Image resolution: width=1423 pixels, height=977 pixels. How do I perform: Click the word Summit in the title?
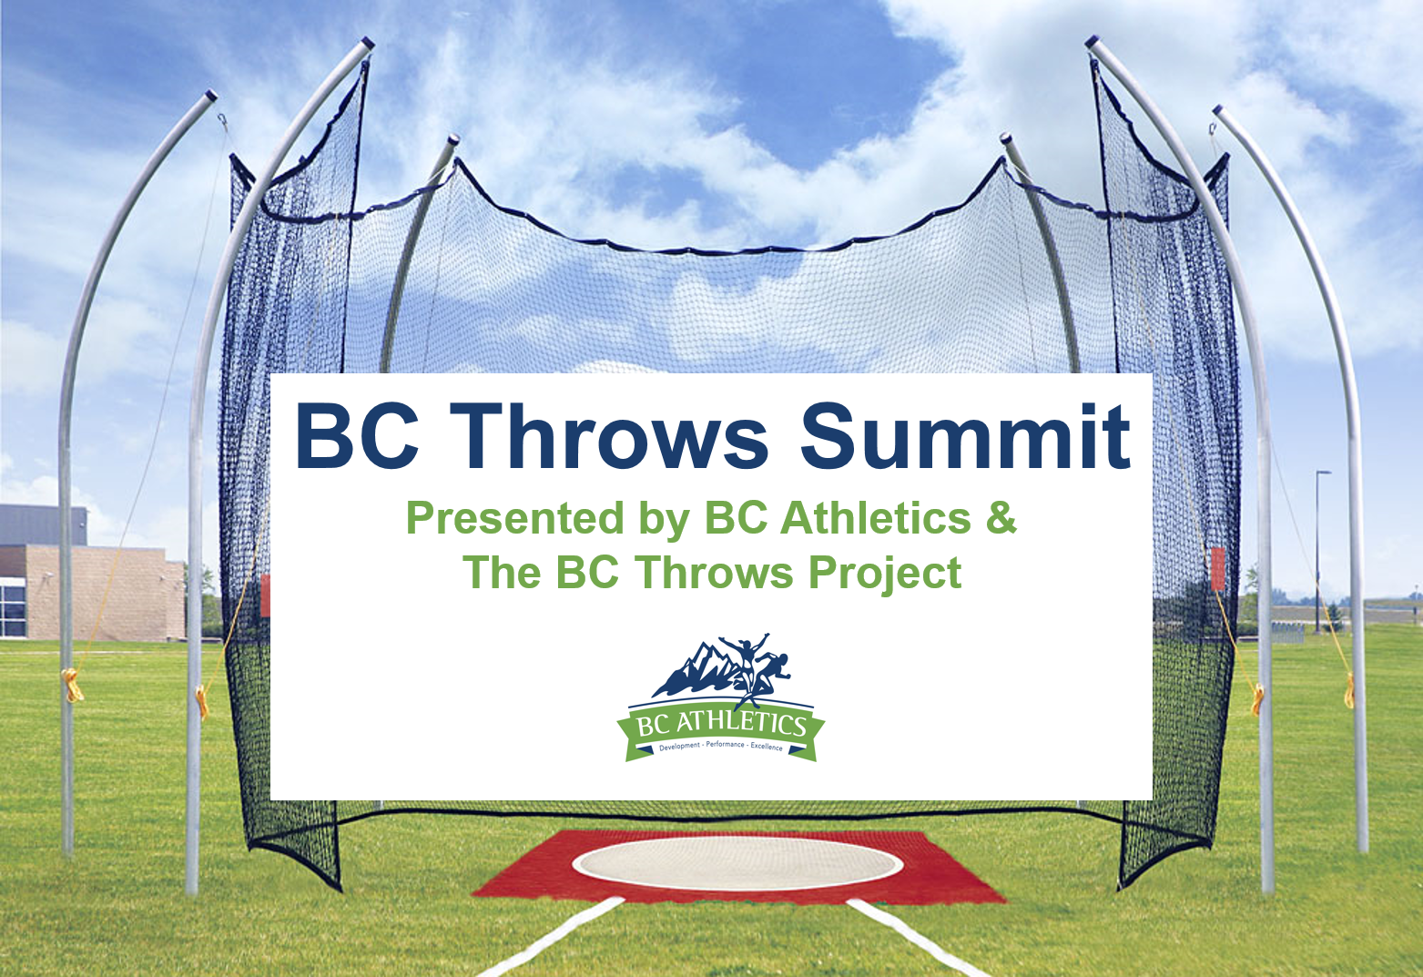point(965,436)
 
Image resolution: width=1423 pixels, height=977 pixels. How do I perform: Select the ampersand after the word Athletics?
point(1001,517)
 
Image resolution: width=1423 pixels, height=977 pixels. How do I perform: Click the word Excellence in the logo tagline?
point(767,747)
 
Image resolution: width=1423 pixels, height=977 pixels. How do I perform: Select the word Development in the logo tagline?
point(679,747)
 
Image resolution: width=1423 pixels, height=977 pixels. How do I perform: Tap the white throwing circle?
point(737,863)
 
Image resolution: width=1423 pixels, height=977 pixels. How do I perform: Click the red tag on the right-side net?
point(1218,569)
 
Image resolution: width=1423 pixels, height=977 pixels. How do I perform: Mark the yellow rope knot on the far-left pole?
point(73,686)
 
